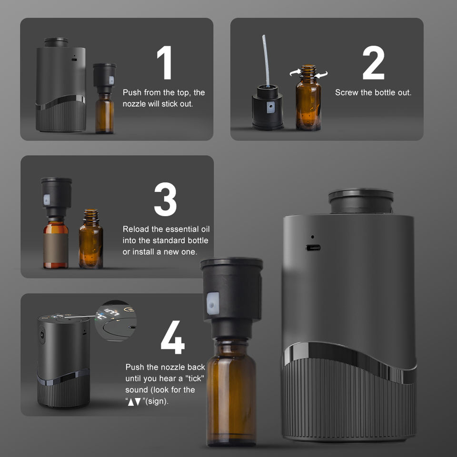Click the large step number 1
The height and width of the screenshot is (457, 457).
[165, 62]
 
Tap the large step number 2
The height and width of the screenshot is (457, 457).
[373, 62]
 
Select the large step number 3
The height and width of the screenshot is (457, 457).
[165, 199]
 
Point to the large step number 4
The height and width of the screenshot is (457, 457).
[172, 337]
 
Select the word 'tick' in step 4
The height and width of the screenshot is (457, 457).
[194, 378]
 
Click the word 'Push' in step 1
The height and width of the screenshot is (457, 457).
[132, 92]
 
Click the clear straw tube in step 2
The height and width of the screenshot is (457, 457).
[266, 60]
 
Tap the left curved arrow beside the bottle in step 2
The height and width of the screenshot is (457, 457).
[295, 72]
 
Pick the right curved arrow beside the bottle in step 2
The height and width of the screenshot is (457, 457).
[321, 75]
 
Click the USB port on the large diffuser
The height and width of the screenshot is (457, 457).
[313, 248]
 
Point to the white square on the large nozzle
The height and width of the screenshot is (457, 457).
[213, 303]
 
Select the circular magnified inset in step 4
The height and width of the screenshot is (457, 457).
[116, 320]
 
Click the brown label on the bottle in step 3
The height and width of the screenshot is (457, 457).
[56, 248]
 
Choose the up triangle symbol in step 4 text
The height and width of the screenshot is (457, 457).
[131, 402]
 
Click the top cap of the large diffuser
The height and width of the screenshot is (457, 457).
[361, 200]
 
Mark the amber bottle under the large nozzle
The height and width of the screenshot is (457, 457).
[231, 392]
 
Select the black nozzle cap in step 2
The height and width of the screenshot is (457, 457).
[268, 107]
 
